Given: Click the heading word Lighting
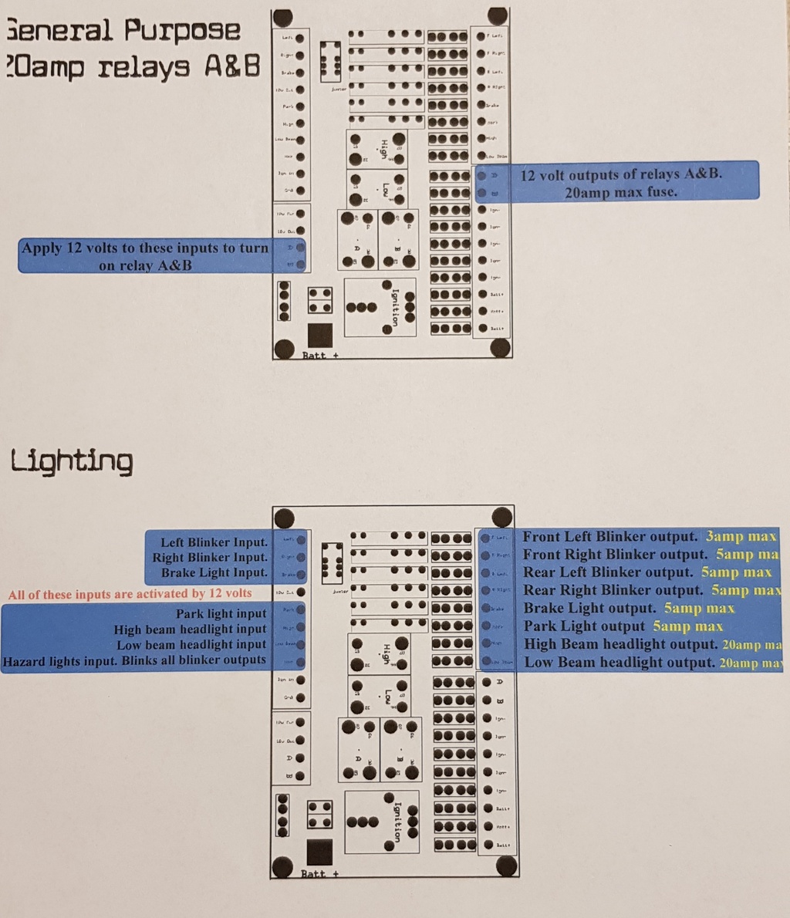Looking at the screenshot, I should coord(71,461).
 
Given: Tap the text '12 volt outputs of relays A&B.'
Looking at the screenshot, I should coord(622,174).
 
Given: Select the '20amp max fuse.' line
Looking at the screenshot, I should coord(621,191).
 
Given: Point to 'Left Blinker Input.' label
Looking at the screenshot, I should coord(214,542).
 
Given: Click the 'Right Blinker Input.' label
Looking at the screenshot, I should coord(210,557).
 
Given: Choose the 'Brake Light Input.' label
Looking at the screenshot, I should coord(214,572).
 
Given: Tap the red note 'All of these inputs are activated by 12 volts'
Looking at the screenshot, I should coord(130,594).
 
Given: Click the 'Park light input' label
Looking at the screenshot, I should coord(221,614).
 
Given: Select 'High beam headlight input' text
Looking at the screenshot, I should coord(190,629).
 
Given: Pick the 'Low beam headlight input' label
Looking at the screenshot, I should coord(191,645).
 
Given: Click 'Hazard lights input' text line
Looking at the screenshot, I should coord(134,660).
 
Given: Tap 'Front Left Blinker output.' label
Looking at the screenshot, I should coord(610,536).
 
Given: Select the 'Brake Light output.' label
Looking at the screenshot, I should coord(589,608).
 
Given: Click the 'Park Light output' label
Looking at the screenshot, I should coord(584,626).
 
